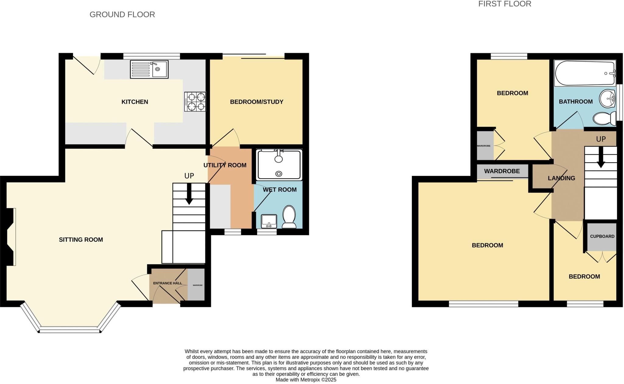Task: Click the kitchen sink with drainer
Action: pos(149,69)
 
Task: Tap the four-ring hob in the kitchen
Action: pos(195,102)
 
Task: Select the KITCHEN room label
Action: pos(135,102)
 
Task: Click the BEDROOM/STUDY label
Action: pos(257,102)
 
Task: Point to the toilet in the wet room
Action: pos(289,217)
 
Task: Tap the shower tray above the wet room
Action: pos(279,165)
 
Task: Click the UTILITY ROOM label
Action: pos(225,165)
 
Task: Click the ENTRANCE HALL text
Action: pos(167,283)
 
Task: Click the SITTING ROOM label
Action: pos(81,240)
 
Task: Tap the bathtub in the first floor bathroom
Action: pos(585,73)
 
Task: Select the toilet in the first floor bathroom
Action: pos(604,118)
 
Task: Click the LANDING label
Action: pos(561,178)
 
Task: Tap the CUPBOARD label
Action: pos(602,236)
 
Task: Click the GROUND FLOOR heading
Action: pos(122,15)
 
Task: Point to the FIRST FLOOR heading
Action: pos(505,4)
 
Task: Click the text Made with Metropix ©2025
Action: pos(306,380)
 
